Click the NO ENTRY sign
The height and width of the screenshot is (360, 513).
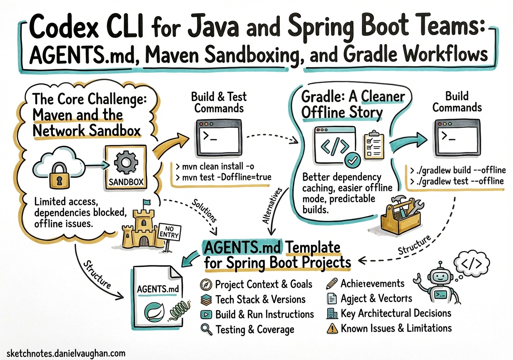coord(168,232)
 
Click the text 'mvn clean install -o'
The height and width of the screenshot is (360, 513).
coord(215,167)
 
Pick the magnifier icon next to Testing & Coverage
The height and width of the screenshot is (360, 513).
coord(207,329)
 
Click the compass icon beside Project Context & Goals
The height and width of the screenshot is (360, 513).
coord(207,285)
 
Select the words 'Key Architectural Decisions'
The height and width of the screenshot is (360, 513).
coord(396,313)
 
